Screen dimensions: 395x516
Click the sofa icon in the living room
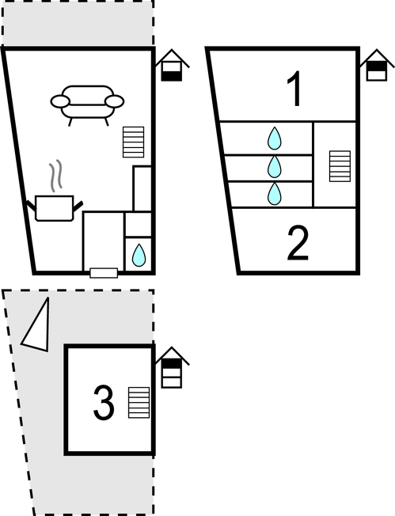[x=87, y=104]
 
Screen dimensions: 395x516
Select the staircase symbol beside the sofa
[x=133, y=142]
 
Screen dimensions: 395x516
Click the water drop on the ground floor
[x=139, y=255]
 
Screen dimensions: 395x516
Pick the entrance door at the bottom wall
[x=104, y=273]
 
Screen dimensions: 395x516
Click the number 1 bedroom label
[x=294, y=89]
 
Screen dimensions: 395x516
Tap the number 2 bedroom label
[x=298, y=243]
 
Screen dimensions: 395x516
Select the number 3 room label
[x=104, y=403]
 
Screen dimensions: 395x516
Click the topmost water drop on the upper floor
[x=274, y=138]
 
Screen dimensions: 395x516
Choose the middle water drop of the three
[x=274, y=166]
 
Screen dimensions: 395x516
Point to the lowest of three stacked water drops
[x=274, y=193]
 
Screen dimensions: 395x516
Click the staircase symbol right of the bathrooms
[x=340, y=166]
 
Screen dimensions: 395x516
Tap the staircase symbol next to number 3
[x=139, y=403]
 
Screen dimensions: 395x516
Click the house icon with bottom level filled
[x=172, y=66]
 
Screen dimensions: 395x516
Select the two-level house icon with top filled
[x=377, y=65]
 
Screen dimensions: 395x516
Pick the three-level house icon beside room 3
[x=172, y=367]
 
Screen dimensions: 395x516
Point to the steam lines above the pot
[x=56, y=176]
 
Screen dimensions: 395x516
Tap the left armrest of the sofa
[x=60, y=101]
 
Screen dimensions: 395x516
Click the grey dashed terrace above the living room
[x=78, y=22]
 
